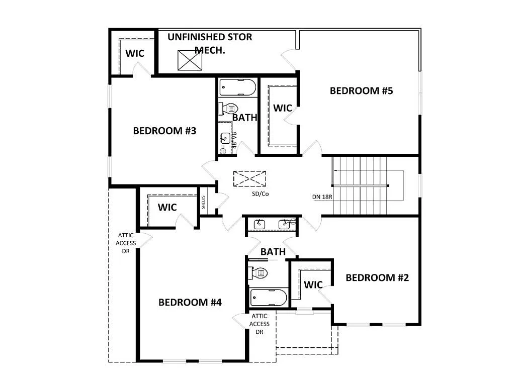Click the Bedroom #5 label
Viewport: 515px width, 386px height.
[361, 91]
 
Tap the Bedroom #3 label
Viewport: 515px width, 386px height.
[164, 131]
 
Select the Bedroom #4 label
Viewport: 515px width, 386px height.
[190, 302]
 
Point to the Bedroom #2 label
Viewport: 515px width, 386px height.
[377, 277]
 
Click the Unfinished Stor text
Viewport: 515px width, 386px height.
[210, 37]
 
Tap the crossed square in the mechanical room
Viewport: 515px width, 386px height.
[191, 61]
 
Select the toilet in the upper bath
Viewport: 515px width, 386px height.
[229, 108]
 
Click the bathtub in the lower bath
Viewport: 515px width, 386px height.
[269, 298]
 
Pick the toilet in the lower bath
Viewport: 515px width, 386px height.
[259, 273]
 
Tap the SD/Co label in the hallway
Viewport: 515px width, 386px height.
[261, 194]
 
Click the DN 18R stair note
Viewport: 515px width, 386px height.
[322, 197]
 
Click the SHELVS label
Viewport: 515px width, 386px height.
[204, 203]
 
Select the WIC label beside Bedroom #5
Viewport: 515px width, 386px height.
[283, 108]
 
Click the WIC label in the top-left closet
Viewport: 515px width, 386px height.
[135, 53]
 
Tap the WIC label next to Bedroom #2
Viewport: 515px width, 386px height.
[313, 285]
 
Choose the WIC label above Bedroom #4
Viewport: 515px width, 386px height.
[167, 207]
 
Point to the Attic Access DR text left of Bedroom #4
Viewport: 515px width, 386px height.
[126, 243]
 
